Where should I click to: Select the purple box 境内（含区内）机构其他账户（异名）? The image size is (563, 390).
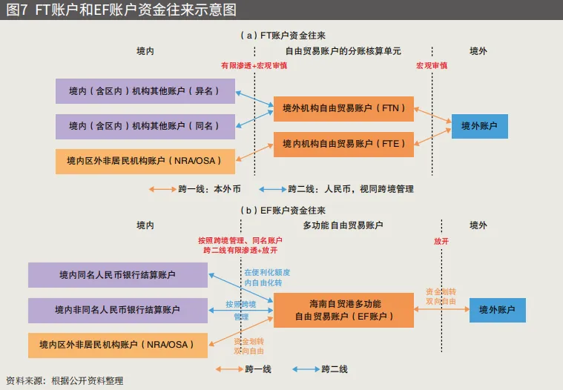(145, 91)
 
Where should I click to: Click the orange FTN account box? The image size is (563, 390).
(343, 109)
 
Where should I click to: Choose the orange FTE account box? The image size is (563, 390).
(343, 144)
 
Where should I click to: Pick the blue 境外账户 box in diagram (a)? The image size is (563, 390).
(479, 126)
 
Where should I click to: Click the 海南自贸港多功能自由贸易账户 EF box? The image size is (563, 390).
(344, 310)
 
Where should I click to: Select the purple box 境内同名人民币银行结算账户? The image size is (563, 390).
(117, 275)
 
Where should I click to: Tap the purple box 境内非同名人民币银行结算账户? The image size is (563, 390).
(117, 310)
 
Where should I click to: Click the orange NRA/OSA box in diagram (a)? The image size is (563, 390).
(145, 161)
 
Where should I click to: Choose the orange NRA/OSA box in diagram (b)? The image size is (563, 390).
(117, 345)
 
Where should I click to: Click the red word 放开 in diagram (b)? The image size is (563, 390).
(441, 242)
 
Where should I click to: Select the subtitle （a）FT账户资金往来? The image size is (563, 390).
(282, 35)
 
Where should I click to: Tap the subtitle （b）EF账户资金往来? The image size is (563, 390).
(282, 211)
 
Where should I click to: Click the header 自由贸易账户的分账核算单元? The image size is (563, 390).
(343, 51)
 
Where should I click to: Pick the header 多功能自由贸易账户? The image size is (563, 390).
(343, 225)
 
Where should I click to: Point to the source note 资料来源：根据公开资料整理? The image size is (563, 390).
(65, 381)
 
